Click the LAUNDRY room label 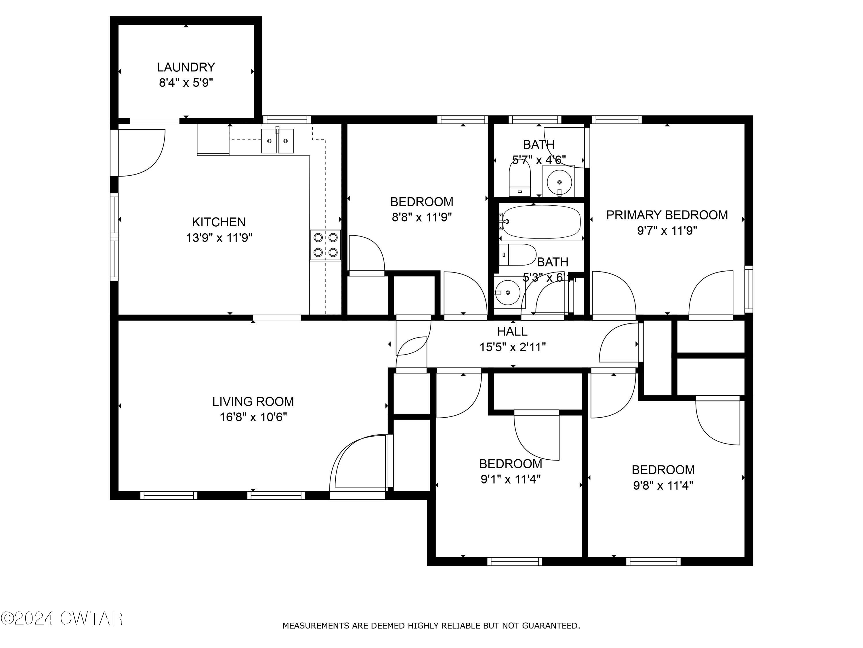coord(186,67)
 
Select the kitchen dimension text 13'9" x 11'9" coord(219,238)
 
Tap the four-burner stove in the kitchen coord(325,245)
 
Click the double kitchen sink coord(277,141)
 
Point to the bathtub coord(541,222)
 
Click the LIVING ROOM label coord(253,401)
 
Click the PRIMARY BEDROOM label coord(667,215)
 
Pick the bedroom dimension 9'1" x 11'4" coord(510,479)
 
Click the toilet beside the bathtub coord(517,255)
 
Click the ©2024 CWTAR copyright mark coord(62,618)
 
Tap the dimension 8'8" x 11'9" coord(421,217)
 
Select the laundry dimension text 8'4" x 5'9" coord(186,83)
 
